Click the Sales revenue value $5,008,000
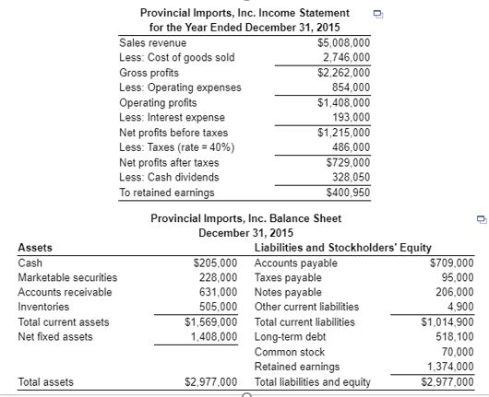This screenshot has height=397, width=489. click(x=343, y=43)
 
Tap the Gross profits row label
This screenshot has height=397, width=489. click(x=149, y=73)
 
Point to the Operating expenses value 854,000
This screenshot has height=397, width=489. click(x=350, y=88)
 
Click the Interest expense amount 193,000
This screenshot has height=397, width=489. click(x=350, y=117)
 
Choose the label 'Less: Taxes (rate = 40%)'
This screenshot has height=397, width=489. click(x=177, y=146)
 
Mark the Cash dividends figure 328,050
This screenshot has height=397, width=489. click(x=350, y=176)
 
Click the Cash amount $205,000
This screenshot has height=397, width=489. click(x=215, y=263)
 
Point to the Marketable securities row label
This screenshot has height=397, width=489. click(x=67, y=277)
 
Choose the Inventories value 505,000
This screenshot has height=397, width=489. click(x=218, y=307)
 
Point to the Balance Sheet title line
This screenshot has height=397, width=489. click(x=245, y=218)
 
